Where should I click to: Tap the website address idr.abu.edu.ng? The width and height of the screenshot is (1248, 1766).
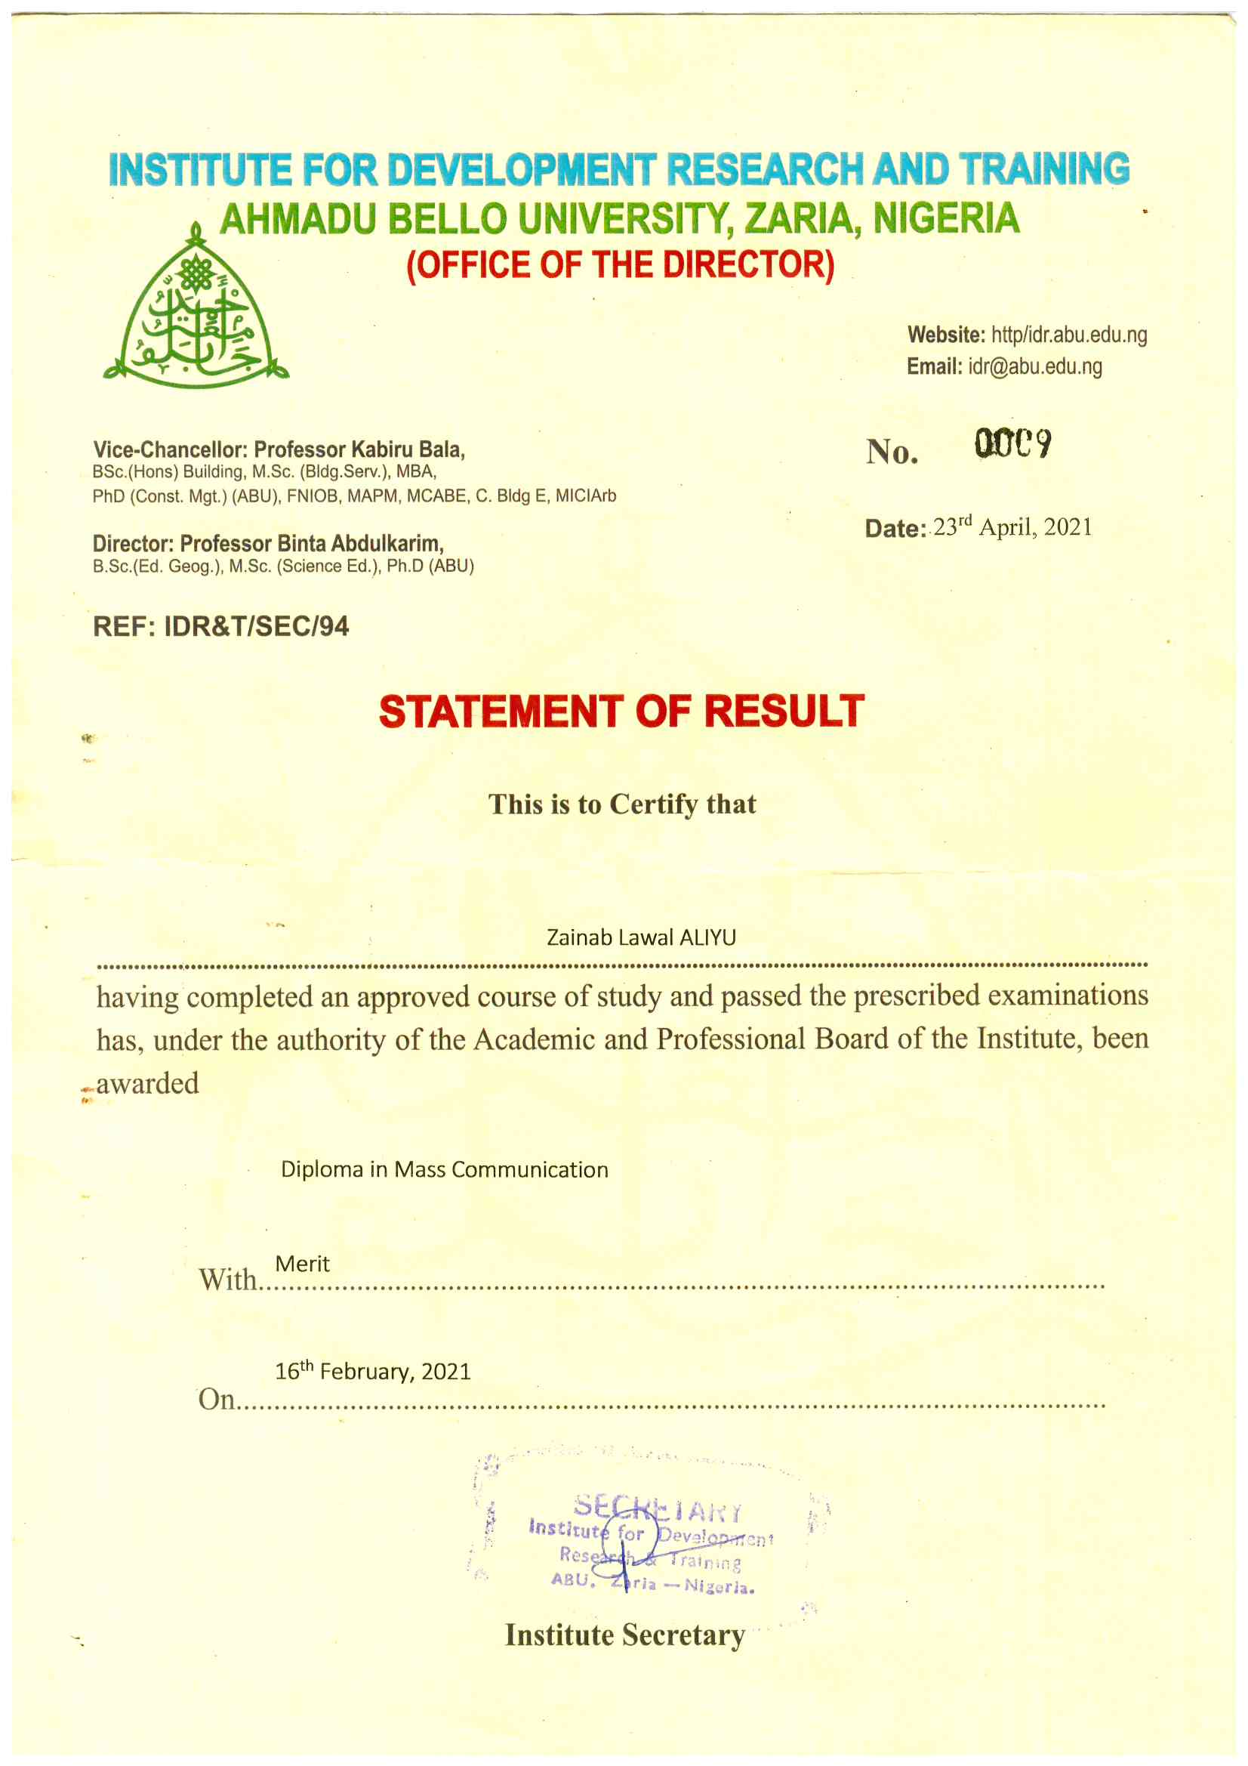[1068, 335]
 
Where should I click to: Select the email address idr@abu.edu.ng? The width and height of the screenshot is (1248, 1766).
[1034, 366]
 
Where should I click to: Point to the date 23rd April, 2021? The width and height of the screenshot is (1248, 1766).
[1012, 527]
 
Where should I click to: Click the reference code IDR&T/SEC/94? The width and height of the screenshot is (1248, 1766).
[256, 626]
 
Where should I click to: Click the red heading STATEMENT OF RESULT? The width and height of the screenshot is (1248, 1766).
[621, 711]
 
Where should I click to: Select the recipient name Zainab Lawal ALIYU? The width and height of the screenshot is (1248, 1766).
[640, 937]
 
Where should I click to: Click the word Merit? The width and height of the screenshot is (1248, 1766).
[302, 1264]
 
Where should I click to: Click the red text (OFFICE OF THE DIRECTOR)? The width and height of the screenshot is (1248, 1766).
[620, 264]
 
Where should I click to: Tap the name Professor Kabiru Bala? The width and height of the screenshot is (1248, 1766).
[359, 449]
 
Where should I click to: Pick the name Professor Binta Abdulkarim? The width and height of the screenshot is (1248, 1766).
[311, 544]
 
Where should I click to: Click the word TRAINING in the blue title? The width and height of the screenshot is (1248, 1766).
[1043, 169]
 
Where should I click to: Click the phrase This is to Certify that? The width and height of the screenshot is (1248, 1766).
[622, 804]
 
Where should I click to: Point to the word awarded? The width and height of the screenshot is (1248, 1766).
[147, 1083]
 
